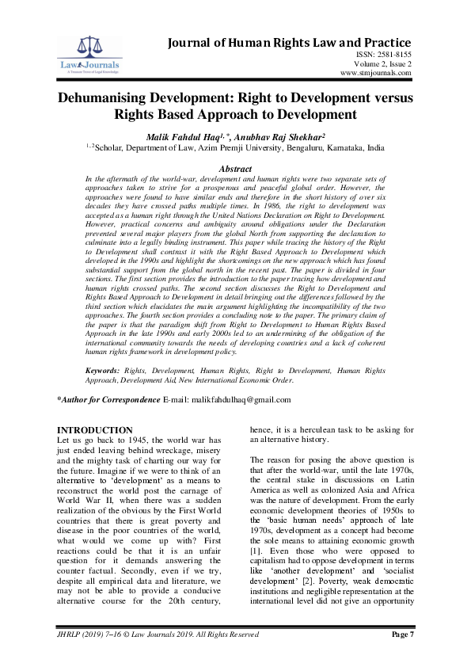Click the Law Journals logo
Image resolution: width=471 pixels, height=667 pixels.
[x=78, y=52]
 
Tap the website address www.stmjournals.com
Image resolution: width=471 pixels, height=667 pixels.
[x=375, y=73]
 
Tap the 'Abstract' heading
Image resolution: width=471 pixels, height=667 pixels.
[x=234, y=169]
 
